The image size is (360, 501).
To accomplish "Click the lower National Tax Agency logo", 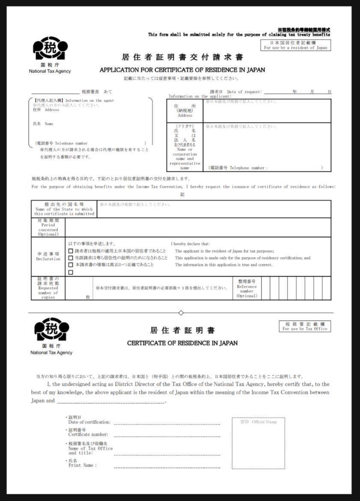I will (51, 330).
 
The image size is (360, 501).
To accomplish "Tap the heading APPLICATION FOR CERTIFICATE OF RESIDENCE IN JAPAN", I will (182, 70).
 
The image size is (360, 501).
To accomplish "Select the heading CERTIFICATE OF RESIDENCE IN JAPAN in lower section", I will (182, 343).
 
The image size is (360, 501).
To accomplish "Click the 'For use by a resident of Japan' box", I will (295, 45).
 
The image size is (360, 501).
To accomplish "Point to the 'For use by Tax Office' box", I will (305, 327).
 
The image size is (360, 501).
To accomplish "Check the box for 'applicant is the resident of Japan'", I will (71, 251).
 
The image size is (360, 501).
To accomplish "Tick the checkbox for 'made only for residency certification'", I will (71, 258).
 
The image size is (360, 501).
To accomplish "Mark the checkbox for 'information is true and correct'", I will (71, 265).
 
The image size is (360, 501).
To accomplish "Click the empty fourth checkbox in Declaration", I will (71, 272).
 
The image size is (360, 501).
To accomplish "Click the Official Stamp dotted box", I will (258, 443).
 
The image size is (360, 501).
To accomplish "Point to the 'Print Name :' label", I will (83, 465).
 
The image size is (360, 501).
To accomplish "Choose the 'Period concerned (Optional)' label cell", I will (48, 227).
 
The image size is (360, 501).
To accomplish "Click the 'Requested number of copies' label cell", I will (48, 288).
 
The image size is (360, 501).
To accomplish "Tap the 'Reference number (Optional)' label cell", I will (247, 288).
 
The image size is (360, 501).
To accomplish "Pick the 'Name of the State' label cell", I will (64, 209).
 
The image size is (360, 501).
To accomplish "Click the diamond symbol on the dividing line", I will (181, 313).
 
